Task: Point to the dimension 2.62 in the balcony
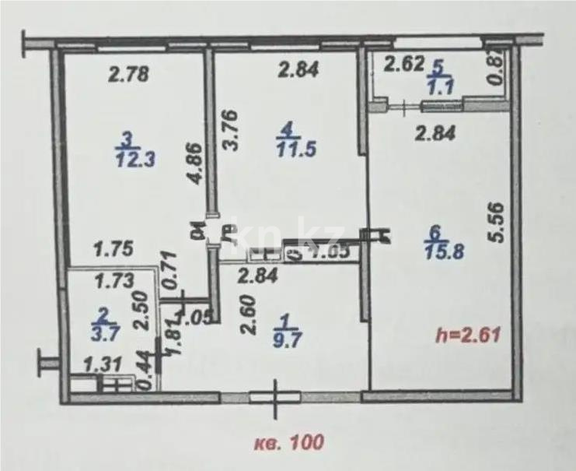tap(404, 65)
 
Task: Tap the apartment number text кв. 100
tap(288, 442)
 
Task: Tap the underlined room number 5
tap(437, 65)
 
